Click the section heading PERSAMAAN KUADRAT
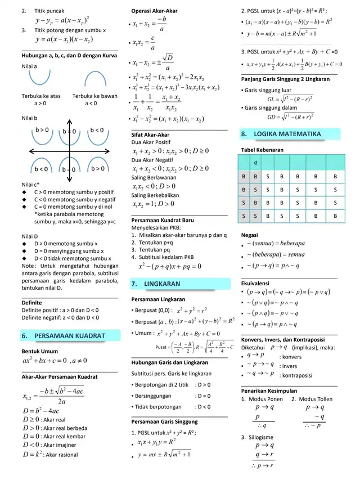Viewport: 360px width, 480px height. click(x=70, y=336)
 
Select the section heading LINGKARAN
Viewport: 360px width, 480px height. click(x=162, y=284)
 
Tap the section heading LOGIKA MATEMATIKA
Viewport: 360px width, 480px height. click(x=287, y=134)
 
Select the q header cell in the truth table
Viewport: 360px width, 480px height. click(x=256, y=162)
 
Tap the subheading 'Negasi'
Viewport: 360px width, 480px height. click(x=250, y=233)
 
